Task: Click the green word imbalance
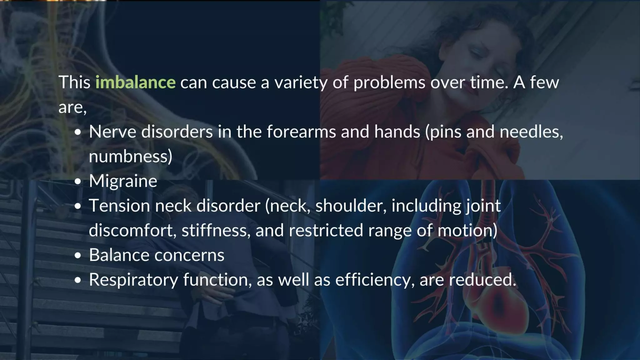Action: coord(135,82)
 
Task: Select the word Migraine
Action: coord(123,181)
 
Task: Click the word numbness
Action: coord(130,157)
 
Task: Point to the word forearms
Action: coord(301,132)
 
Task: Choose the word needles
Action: coord(531,132)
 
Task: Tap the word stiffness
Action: coord(216,231)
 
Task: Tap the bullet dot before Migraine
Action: coord(78,182)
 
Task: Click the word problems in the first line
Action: coord(389,82)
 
